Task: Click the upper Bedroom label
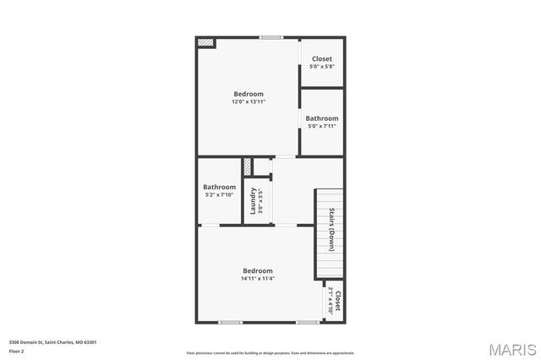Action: [x=249, y=94]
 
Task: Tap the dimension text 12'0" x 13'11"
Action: [x=249, y=101]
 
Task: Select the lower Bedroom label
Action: [x=258, y=270]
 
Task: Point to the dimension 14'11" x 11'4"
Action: [x=258, y=279]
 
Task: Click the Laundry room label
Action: [x=253, y=201]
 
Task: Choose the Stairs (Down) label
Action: [x=332, y=225]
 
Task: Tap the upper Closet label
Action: [x=322, y=58]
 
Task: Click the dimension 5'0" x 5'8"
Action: [x=322, y=66]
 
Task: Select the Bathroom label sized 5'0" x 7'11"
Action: [x=322, y=118]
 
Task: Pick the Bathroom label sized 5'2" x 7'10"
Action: [x=219, y=187]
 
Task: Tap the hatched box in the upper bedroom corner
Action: [x=205, y=42]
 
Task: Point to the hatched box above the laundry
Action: [x=249, y=166]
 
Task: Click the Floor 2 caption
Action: [x=17, y=350]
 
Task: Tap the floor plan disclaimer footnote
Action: [x=270, y=352]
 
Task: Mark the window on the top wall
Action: [x=270, y=37]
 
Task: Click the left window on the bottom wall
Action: [x=230, y=322]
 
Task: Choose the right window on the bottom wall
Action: [x=306, y=322]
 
